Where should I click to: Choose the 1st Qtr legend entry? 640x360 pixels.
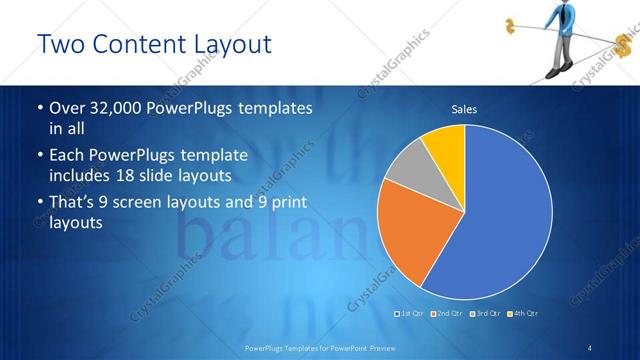[412, 314]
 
